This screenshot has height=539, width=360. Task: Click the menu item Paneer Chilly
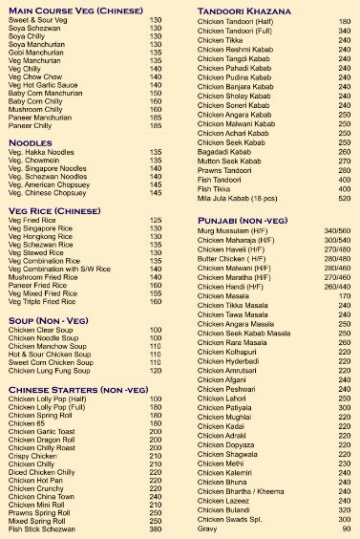pyautogui.click(x=30, y=125)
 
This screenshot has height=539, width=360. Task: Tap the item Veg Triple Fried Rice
pyautogui.click(x=41, y=301)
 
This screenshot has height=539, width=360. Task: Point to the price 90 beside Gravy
pyautogui.click(x=346, y=529)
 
